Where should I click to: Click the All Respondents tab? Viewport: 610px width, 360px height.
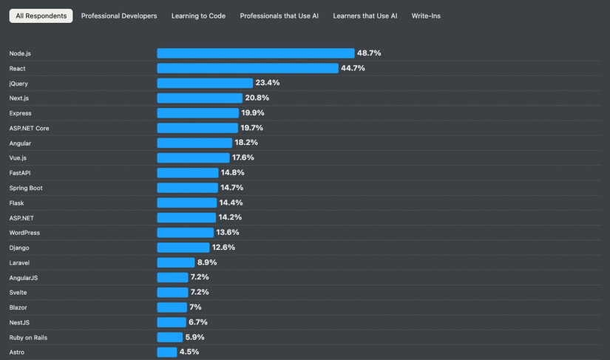41,16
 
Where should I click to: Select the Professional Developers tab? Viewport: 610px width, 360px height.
119,16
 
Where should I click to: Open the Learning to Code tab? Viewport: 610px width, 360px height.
198,16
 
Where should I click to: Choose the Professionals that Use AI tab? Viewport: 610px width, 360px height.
279,16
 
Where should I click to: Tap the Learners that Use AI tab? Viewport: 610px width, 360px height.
365,16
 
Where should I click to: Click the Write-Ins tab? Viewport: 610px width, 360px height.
426,16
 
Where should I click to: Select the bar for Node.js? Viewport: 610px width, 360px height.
255,53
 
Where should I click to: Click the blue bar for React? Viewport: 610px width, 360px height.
247,68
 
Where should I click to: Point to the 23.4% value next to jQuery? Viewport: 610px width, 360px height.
267,83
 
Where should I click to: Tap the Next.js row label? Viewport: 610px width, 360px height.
19,98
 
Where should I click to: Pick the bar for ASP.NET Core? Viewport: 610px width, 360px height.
197,128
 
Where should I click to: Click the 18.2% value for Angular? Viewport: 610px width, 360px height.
246,143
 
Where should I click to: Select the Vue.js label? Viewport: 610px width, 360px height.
18,158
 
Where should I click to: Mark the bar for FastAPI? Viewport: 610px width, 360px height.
187,173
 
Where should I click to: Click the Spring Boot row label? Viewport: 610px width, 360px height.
26,188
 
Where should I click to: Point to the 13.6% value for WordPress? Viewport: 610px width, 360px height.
228,232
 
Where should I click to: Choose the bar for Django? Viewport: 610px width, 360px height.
183,248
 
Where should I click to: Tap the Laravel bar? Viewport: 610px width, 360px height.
175,262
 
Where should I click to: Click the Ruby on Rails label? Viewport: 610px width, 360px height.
28,337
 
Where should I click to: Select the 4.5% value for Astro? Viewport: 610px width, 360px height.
189,352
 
